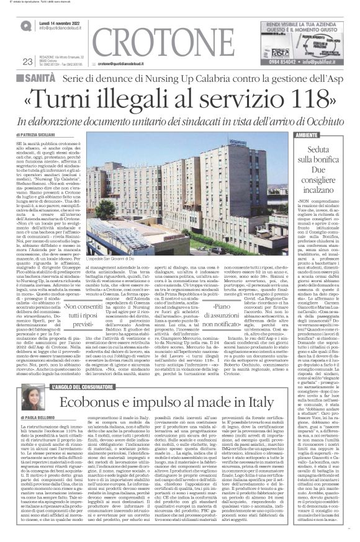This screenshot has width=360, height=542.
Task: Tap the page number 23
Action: [x=27, y=60]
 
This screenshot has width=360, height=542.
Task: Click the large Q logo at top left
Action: [x=26, y=25]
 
